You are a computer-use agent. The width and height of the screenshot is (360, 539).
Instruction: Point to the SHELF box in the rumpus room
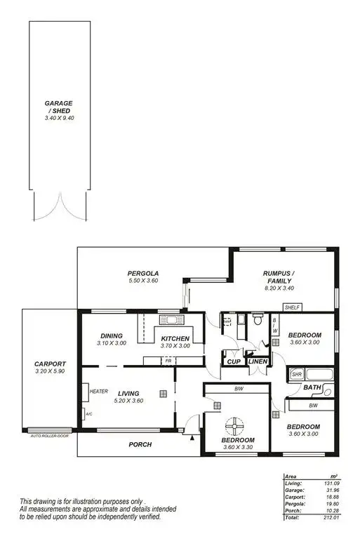[293, 307]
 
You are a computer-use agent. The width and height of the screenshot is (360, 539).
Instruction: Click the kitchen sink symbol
[171, 321]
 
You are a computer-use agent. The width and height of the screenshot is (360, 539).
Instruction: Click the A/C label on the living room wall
[88, 414]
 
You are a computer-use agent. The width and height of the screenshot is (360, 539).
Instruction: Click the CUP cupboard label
[232, 361]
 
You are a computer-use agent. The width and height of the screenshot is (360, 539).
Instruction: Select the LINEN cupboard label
[256, 361]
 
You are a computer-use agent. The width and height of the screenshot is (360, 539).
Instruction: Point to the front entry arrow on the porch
[192, 438]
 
